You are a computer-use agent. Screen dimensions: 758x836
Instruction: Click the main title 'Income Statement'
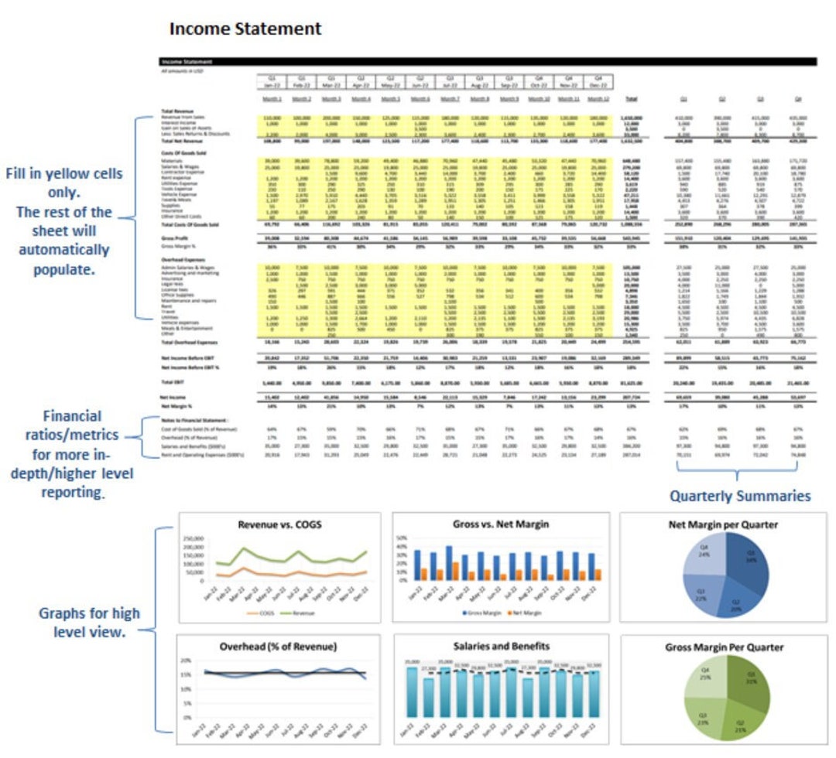245,29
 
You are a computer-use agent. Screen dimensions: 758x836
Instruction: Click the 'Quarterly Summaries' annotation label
739,496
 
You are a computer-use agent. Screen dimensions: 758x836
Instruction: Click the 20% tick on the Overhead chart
186,661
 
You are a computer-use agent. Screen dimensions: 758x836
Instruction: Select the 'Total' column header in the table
631,99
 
